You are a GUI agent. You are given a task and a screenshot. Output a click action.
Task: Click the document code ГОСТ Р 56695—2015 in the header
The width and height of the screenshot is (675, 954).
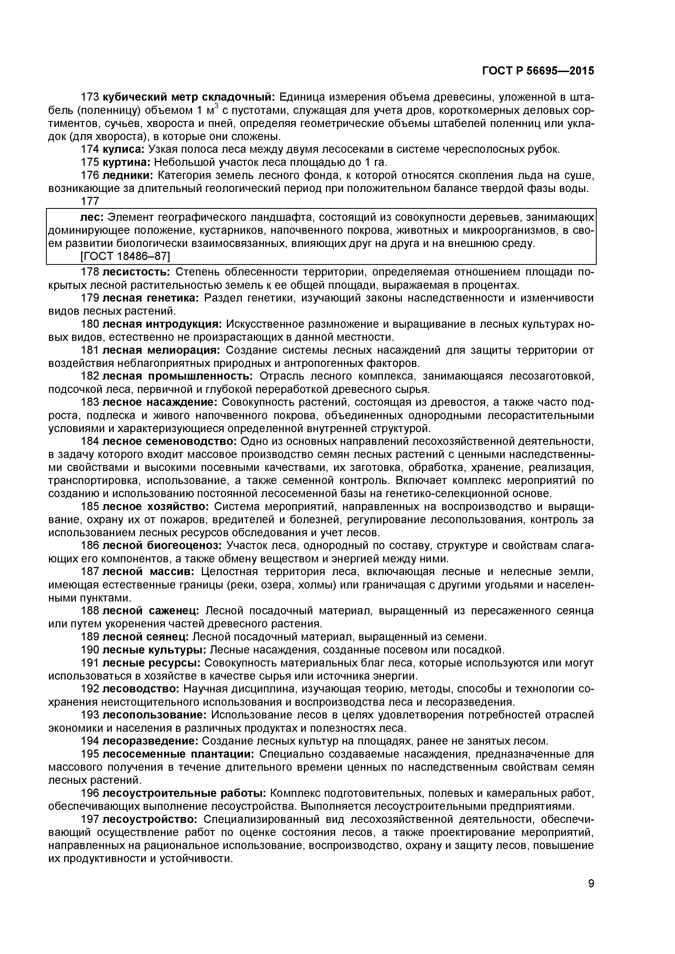pyautogui.click(x=538, y=71)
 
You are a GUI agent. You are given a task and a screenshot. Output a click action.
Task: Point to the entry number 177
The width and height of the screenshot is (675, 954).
pyautogui.click(x=90, y=201)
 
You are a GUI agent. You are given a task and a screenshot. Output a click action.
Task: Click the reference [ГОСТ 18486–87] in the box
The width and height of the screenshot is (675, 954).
pyautogui.click(x=125, y=256)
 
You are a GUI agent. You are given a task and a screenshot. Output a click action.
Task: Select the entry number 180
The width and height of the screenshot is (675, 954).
pyautogui.click(x=90, y=324)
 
